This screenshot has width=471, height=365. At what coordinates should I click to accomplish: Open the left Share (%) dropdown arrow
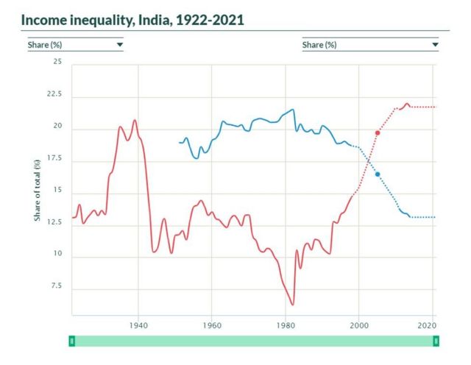(119, 45)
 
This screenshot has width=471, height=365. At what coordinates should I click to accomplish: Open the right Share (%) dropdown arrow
(435, 45)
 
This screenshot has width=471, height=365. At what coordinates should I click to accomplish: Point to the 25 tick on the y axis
(57, 62)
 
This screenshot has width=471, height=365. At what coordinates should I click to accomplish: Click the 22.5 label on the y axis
(54, 95)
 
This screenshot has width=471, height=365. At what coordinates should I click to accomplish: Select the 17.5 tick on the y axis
(54, 159)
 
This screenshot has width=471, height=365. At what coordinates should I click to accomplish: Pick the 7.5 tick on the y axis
(56, 286)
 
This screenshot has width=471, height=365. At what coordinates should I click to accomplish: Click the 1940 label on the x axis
(138, 325)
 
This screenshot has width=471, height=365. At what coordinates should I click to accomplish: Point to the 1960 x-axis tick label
(211, 325)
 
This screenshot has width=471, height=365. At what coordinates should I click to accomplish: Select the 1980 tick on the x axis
(285, 325)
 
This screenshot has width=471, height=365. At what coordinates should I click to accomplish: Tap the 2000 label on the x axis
(358, 325)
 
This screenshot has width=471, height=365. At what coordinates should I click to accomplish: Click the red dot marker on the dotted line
(378, 132)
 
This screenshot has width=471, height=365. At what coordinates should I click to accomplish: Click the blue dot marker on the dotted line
(378, 174)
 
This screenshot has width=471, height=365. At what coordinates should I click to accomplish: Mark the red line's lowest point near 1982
(292, 304)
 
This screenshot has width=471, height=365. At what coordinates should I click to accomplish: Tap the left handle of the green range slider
(71, 341)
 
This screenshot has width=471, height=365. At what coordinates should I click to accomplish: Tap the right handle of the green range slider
(436, 341)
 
